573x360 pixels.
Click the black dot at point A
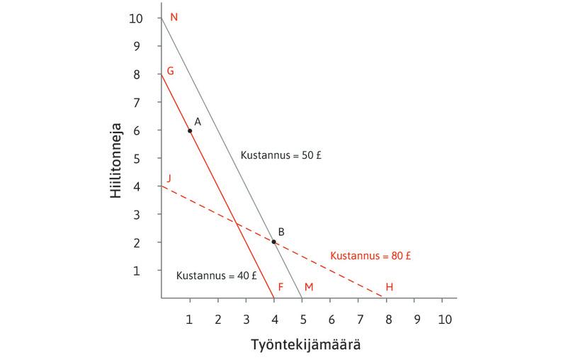point(190,130)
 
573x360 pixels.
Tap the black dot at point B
point(274,242)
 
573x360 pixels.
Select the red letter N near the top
point(174,17)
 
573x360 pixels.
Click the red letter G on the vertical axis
point(170,72)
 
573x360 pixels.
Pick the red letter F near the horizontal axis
point(281,287)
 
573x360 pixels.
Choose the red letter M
point(308,287)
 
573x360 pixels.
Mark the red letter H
point(389,287)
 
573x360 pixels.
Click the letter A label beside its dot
point(198,122)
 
